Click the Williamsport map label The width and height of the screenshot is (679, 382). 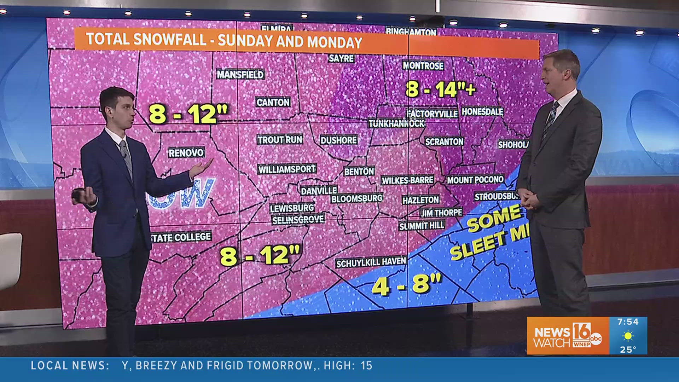(x=287, y=169)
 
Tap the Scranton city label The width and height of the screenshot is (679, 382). (x=444, y=142)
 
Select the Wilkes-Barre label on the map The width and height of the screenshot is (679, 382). (x=407, y=180)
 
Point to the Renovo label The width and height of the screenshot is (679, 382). (x=186, y=153)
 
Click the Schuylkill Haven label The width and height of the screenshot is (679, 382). (x=371, y=262)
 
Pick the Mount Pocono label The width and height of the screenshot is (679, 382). (x=475, y=180)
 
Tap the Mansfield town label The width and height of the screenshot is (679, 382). (x=240, y=74)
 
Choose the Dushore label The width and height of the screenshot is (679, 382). (x=338, y=140)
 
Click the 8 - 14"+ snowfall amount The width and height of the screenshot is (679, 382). (x=440, y=89)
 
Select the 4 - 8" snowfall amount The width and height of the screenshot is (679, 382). (x=407, y=284)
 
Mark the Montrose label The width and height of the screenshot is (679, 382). (x=423, y=65)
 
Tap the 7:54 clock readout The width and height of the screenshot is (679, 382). (x=628, y=322)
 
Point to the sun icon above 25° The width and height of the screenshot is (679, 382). (x=628, y=336)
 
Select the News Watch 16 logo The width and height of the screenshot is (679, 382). (x=567, y=336)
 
